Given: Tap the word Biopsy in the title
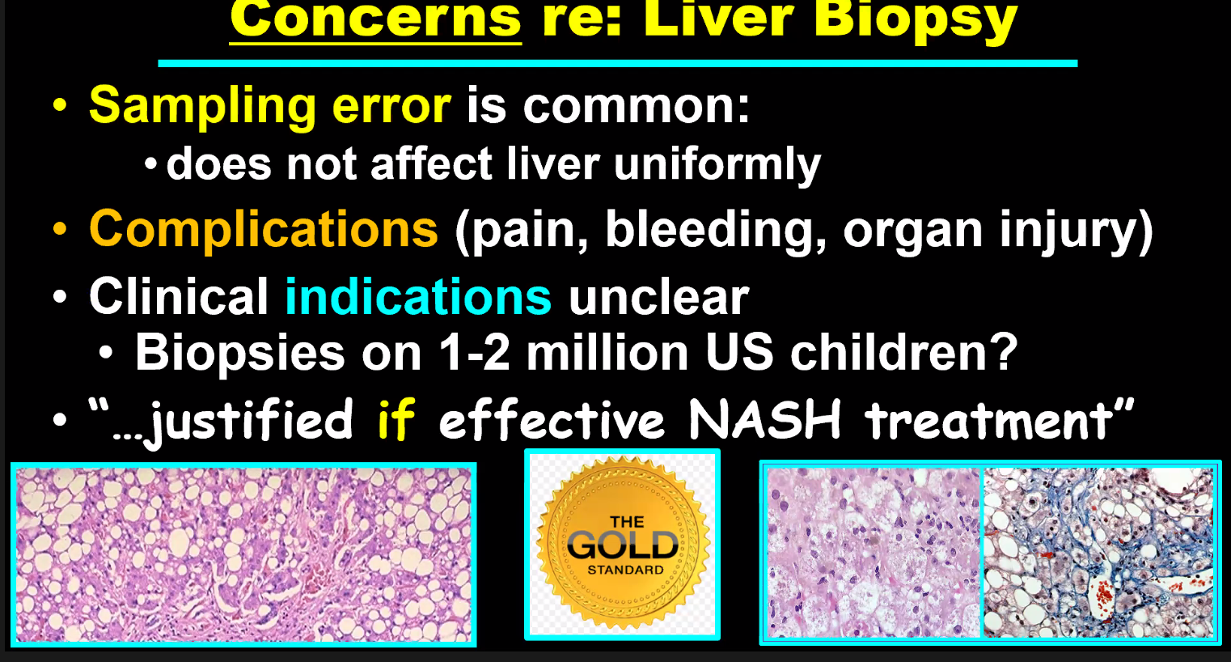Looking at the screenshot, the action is tap(916, 22).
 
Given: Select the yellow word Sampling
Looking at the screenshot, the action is tap(202, 107).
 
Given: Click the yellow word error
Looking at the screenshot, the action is tap(391, 105).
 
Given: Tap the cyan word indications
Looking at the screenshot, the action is tap(418, 297).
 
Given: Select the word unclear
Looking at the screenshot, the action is tap(659, 297).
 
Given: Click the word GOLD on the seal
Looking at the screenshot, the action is tap(623, 545).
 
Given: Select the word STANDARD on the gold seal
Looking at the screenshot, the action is tap(625, 570).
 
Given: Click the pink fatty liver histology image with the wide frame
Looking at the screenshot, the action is tap(243, 554).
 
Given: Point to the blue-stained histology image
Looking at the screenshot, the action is tap(1098, 553).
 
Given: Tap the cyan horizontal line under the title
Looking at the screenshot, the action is tap(618, 64).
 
